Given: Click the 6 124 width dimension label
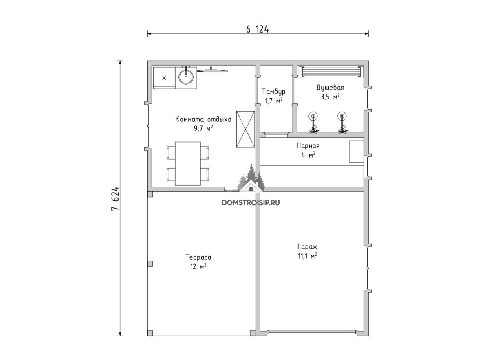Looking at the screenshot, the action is pyautogui.click(x=258, y=29).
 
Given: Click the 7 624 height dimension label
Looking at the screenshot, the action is pyautogui.click(x=115, y=198).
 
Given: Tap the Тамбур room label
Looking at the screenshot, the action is pyautogui.click(x=273, y=91).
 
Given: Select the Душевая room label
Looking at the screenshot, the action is pyautogui.click(x=330, y=88).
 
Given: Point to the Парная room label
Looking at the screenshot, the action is pyautogui.click(x=308, y=146).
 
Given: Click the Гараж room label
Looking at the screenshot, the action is pyautogui.click(x=307, y=247).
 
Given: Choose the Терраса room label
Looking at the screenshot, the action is pyautogui.click(x=198, y=257).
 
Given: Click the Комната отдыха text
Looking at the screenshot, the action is pyautogui.click(x=203, y=119).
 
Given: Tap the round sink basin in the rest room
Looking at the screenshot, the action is pyautogui.click(x=186, y=77).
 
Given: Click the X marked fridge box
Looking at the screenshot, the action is pyautogui.click(x=164, y=78).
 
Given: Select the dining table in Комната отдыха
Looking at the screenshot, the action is pyautogui.click(x=188, y=164).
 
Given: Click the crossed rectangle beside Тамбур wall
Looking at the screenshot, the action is pyautogui.click(x=246, y=130).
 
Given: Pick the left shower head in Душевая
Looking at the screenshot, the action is pyautogui.click(x=313, y=116).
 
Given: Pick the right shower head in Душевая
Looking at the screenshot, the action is pyautogui.click(x=342, y=116).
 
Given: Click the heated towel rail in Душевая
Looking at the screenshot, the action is pyautogui.click(x=331, y=72).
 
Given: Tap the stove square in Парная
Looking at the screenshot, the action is pyautogui.click(x=357, y=151).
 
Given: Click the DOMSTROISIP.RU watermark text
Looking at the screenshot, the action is pyautogui.click(x=251, y=203).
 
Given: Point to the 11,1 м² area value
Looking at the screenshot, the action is pyautogui.click(x=307, y=256).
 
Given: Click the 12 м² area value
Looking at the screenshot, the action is pyautogui.click(x=198, y=266).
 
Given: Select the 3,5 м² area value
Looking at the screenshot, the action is pyautogui.click(x=330, y=97).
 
